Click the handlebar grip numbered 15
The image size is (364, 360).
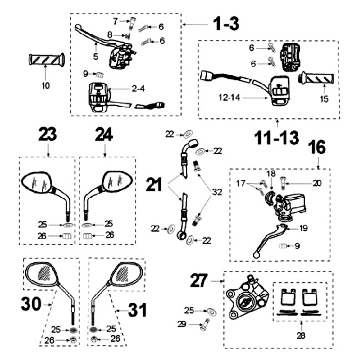coord(316,78)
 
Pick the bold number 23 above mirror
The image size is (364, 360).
coord(47,135)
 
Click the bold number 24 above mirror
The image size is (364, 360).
coord(105,135)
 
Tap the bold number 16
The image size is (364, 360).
coord(318,148)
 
